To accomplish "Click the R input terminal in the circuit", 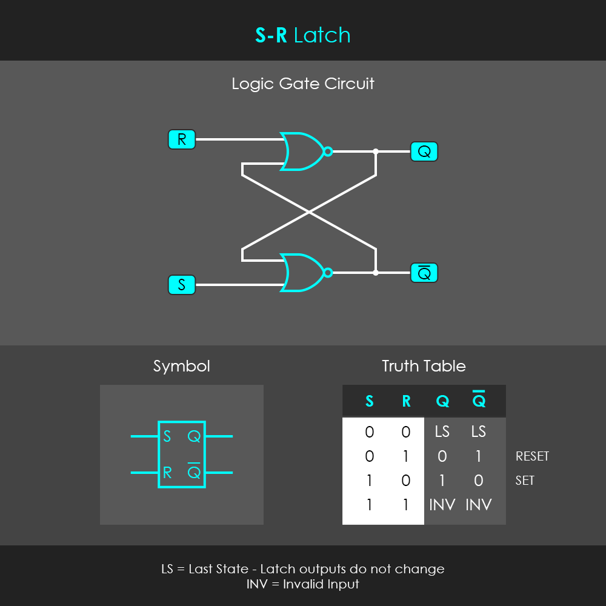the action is tap(182, 139).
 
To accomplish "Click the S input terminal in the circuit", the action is tap(182, 285).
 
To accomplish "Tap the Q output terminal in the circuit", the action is tap(424, 151).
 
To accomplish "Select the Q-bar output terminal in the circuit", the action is tap(424, 273).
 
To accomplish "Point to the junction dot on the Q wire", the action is tap(376, 151).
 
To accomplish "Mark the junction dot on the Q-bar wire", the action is tap(376, 273).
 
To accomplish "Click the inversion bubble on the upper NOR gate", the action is tap(328, 151).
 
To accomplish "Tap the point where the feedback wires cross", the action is tap(309, 212).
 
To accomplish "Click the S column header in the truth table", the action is tap(370, 401).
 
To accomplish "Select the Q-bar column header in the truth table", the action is tap(479, 399).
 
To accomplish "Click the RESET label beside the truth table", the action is tap(532, 456).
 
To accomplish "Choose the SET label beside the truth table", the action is tap(525, 481).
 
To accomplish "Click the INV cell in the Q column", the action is tap(442, 505).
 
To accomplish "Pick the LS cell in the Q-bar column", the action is tap(479, 431).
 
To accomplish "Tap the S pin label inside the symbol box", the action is tap(167, 436).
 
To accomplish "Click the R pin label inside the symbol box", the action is tap(167, 472).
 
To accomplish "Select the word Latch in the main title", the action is tap(322, 35).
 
